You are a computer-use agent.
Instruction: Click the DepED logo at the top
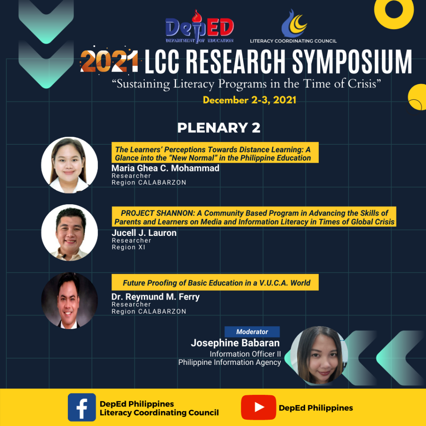[200, 27]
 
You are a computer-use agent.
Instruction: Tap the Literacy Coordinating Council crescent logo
[294, 24]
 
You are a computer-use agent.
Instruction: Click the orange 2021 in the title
[109, 61]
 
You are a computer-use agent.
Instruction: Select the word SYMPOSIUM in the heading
[352, 62]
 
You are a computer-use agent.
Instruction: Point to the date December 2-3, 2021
[250, 100]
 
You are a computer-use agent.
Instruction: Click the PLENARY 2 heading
[219, 128]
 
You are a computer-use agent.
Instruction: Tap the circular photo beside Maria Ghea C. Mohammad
[69, 165]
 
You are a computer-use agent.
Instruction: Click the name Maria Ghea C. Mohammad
[165, 168]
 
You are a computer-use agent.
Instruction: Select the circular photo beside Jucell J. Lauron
[69, 233]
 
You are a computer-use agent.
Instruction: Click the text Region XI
[129, 247]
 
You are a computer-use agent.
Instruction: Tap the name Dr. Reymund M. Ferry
[156, 297]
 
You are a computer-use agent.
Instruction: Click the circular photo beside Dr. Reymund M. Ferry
[69, 300]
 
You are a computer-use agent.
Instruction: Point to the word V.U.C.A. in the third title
[274, 283]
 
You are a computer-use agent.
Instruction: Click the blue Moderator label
[252, 332]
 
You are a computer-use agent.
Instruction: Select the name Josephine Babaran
[235, 343]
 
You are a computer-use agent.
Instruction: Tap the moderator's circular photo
[319, 355]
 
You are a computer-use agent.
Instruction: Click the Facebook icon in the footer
[82, 407]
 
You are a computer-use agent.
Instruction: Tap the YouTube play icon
[258, 407]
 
